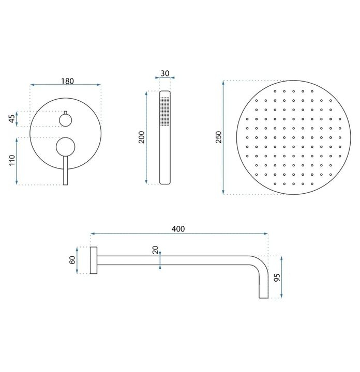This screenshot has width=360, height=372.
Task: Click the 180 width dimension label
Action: coord(66,81)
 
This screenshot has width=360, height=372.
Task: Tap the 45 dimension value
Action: coord(11,119)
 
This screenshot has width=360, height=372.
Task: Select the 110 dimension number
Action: coord(11,161)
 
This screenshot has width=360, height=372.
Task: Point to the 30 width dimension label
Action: coord(164,73)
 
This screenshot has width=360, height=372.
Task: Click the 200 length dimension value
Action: coord(141,137)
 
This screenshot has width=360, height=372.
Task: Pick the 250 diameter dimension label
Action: coord(218,137)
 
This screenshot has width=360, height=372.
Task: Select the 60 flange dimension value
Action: coord(72,260)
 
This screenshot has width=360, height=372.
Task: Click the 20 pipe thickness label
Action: coord(155,251)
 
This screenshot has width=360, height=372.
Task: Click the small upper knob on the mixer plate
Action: coord(66,120)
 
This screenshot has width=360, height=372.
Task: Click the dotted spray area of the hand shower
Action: coord(164,111)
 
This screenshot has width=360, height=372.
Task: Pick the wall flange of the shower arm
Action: coord(94,260)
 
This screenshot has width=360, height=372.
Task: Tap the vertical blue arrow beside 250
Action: coord(223,137)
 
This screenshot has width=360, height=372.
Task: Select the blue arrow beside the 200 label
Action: coord(147,137)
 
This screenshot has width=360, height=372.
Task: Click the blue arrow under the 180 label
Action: coord(66,85)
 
